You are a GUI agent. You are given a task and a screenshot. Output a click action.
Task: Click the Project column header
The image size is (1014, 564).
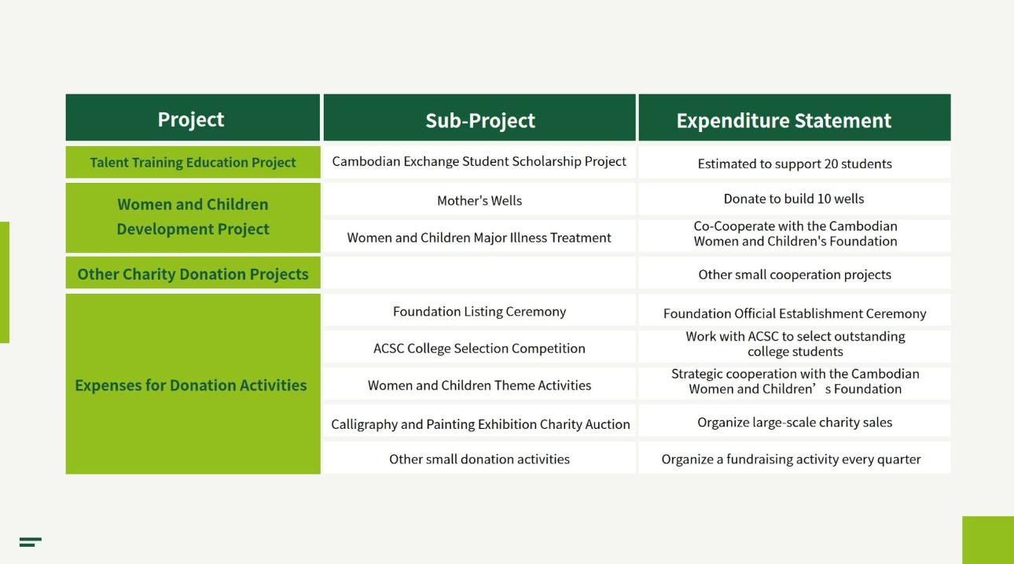[x=190, y=120]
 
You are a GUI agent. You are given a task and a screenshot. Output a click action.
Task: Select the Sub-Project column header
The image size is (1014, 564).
[x=479, y=120]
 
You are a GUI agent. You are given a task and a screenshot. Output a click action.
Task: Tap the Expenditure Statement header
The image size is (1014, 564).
[x=784, y=120]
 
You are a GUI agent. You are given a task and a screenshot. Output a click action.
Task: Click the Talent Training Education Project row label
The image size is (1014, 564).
[x=193, y=163]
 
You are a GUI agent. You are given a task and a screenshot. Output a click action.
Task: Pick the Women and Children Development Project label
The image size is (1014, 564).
[x=193, y=217]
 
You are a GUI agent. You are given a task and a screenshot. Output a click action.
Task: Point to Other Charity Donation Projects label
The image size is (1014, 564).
[x=193, y=274]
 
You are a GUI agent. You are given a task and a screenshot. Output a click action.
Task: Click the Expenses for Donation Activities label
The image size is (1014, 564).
[x=190, y=385]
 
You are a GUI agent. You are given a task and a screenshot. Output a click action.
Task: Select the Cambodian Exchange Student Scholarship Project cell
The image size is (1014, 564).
[x=479, y=162]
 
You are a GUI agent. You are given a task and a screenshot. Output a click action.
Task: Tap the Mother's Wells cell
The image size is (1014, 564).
[x=479, y=200]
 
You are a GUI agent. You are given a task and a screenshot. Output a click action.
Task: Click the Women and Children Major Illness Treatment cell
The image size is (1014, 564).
[x=479, y=238]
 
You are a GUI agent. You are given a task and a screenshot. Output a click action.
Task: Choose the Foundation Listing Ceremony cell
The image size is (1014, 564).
[x=479, y=312]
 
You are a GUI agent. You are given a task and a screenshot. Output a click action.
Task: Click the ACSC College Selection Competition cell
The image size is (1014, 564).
[x=479, y=348]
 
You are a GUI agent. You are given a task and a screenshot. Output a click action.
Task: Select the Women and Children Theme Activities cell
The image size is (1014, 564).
[x=479, y=386]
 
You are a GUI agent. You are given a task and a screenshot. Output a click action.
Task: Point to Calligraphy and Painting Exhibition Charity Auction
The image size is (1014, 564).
[x=480, y=424]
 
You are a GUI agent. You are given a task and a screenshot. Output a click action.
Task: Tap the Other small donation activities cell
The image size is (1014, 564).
[x=479, y=459]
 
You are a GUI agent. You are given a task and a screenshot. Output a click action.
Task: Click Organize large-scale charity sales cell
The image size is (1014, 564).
[x=795, y=423]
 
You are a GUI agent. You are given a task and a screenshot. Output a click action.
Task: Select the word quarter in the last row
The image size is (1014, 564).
[x=899, y=460]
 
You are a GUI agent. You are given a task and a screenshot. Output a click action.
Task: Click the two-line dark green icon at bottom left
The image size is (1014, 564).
[x=31, y=542]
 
